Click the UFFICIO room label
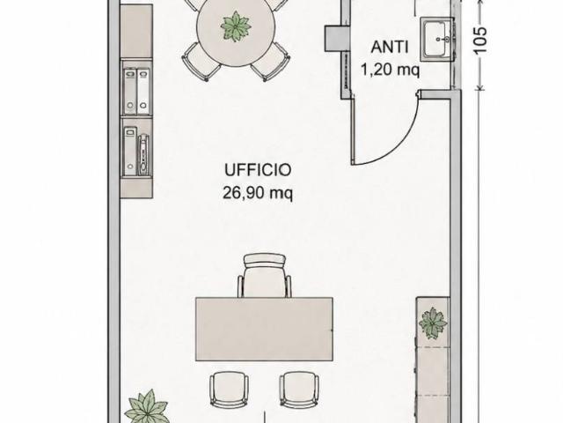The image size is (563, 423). point(258,170)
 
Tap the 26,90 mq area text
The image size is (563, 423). point(258,193)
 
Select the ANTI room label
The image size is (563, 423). point(390,47)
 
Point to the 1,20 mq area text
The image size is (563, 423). point(390,70)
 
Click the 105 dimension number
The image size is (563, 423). point(480,41)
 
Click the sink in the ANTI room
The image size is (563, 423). point(437,38)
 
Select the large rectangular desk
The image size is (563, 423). point(264,329)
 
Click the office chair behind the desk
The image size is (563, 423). point(265,275)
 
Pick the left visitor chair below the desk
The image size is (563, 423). point(229,390)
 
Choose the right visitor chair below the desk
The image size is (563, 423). point(299,390)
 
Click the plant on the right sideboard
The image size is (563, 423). point(433,323)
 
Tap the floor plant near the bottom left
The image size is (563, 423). point(148,406)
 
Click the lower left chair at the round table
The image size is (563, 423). point(201,62)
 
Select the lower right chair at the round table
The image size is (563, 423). point(271,62)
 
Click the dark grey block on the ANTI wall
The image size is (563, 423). point(337,38)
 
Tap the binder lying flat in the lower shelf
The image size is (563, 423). point(144,154)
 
